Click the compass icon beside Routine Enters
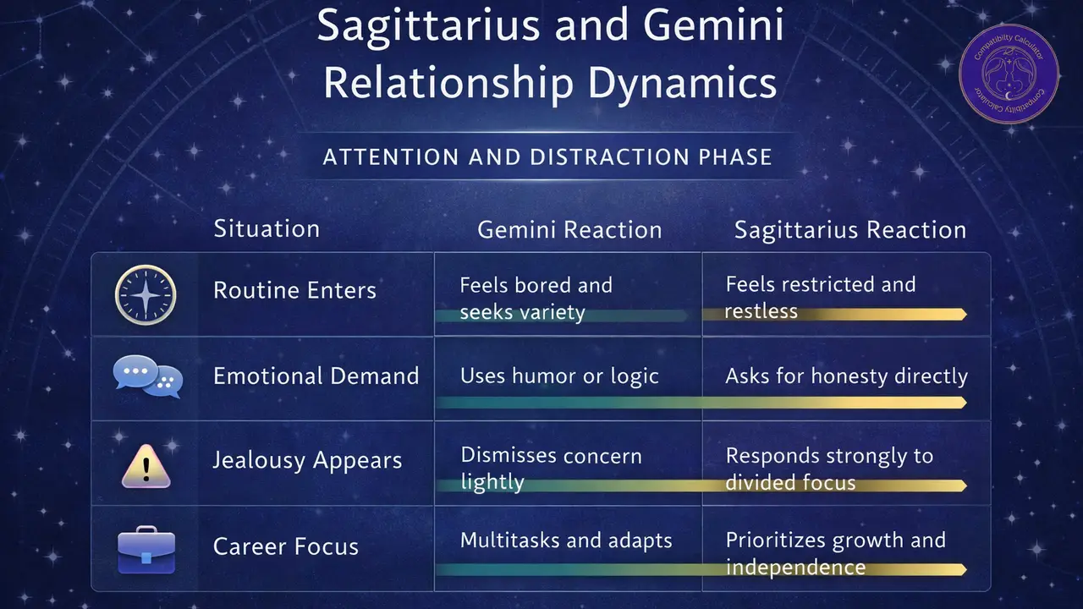pos(146,294)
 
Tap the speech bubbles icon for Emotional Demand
pos(147,376)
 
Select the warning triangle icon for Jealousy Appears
pos(146,464)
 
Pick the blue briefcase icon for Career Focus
pos(146,549)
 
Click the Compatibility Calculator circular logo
pos(1009,73)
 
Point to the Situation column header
pos(267,228)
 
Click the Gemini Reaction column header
pos(569,230)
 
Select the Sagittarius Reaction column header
pos(849,230)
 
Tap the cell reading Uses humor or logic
pos(559,376)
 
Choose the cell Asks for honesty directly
pos(846,376)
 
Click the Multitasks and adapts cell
pos(566,540)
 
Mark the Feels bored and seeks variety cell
pos(536,298)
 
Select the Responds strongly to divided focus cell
pos(829,469)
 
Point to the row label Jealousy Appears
pos(307,461)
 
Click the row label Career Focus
pos(285,546)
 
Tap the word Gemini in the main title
pos(713,28)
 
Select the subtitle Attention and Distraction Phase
pos(547,156)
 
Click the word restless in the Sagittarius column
pos(761,311)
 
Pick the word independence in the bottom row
pos(794,567)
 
